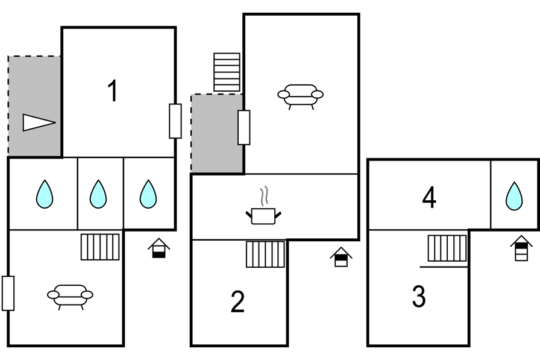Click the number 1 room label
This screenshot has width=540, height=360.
click(x=113, y=90)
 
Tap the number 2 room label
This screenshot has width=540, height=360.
click(x=237, y=302)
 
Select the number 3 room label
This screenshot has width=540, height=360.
click(x=419, y=296)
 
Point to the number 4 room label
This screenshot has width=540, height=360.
click(x=429, y=197)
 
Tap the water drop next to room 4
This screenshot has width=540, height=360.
click(x=514, y=195)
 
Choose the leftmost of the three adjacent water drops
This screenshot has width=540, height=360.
click(x=45, y=194)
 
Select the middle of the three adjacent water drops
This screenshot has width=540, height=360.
click(x=98, y=194)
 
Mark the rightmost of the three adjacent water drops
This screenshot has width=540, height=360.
click(x=148, y=194)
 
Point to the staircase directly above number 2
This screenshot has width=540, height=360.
click(x=266, y=254)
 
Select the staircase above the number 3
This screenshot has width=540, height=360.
click(x=447, y=248)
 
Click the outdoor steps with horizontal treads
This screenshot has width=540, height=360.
click(x=227, y=72)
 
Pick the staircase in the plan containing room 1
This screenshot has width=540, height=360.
click(x=100, y=247)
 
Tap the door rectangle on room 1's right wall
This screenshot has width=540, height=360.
click(x=175, y=121)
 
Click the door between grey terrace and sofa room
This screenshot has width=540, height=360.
click(x=244, y=127)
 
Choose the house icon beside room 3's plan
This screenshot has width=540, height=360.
click(x=521, y=248)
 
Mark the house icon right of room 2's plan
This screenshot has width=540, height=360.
click(x=341, y=257)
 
